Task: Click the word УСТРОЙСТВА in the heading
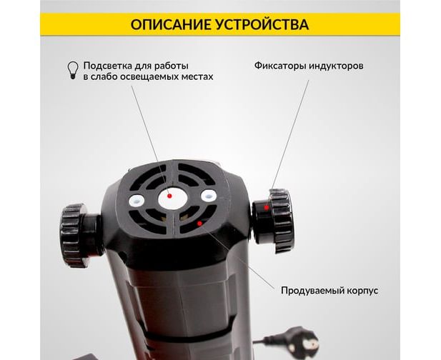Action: pyautogui.click(x=262, y=24)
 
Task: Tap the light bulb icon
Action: pyautogui.click(x=73, y=70)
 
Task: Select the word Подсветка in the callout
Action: pyautogui.click(x=108, y=66)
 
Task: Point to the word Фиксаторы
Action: pyautogui.click(x=280, y=66)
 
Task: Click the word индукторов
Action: pyautogui.click(x=336, y=66)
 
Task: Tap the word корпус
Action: pyautogui.click(x=362, y=291)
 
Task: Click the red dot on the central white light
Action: pyautogui.click(x=169, y=196)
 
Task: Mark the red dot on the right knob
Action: pyautogui.click(x=266, y=208)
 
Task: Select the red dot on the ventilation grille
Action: pyautogui.click(x=199, y=224)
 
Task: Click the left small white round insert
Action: pyautogui.click(x=137, y=201)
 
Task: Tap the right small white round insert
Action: pyautogui.click(x=209, y=196)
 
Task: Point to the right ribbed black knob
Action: pyautogui.click(x=281, y=221)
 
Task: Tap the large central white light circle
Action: pyautogui.click(x=173, y=199)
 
